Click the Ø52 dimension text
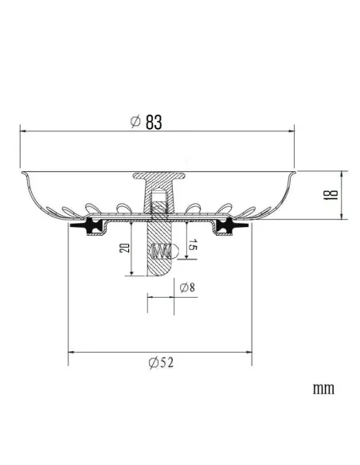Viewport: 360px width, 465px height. pyautogui.click(x=161, y=362)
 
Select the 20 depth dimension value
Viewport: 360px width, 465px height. pyautogui.click(x=124, y=248)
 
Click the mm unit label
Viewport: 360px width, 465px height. pyautogui.click(x=323, y=389)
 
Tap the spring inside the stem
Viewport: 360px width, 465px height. pyautogui.click(x=161, y=252)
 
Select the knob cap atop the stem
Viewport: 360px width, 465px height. pyautogui.click(x=158, y=176)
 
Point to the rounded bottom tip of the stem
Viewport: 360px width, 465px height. pyautogui.click(x=158, y=272)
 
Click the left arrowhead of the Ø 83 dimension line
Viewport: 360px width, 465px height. pyautogui.click(x=23, y=131)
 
